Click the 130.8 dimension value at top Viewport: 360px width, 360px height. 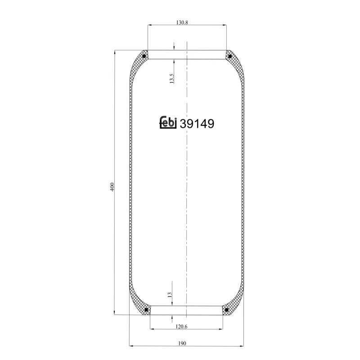tap(183, 22)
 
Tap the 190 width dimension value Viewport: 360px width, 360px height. tap(182, 343)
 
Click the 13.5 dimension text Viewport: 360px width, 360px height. tap(171, 78)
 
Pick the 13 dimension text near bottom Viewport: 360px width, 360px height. tap(170, 295)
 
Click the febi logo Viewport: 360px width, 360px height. tap(169, 123)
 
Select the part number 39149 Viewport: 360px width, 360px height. tap(197, 124)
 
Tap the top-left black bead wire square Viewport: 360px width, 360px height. tap(144, 56)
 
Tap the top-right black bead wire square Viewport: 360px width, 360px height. tap(229, 56)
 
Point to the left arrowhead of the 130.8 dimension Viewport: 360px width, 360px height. tap(149, 26)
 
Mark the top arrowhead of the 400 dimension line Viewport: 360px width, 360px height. tap(116, 52)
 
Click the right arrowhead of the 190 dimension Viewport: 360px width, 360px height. tap(242, 346)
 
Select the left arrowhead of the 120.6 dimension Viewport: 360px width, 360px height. tap(152, 329)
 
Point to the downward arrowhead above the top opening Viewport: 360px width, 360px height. tap(174, 48)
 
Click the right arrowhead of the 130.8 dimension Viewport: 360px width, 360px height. tap(225, 26)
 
